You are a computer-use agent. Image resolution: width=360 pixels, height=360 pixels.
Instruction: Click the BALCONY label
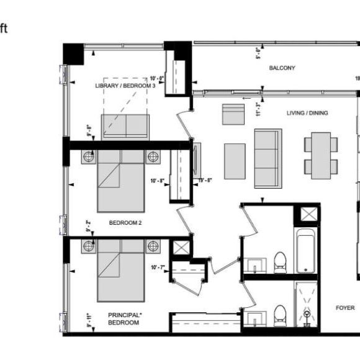coord(282,68)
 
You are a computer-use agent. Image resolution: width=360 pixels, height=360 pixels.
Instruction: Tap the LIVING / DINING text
coord(307,113)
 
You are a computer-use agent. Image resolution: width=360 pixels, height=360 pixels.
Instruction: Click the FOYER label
coord(345,308)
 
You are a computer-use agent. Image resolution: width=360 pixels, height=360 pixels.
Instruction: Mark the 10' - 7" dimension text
coord(158,268)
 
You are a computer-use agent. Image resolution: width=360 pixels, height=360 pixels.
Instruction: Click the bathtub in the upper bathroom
coord(307,251)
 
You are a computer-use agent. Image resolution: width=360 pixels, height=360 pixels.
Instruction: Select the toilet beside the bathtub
coord(280,262)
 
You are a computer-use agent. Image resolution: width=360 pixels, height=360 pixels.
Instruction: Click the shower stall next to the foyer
coord(307,308)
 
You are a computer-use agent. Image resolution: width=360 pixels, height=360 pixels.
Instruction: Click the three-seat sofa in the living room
coord(268,158)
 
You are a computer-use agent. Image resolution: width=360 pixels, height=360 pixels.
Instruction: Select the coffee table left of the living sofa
coord(235,161)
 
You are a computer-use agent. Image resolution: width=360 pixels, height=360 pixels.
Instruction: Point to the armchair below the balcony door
coord(233,114)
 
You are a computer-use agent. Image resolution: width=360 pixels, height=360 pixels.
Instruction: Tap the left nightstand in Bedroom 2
coord(88,157)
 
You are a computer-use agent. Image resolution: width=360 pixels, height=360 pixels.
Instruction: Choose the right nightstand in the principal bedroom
coord(153,246)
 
